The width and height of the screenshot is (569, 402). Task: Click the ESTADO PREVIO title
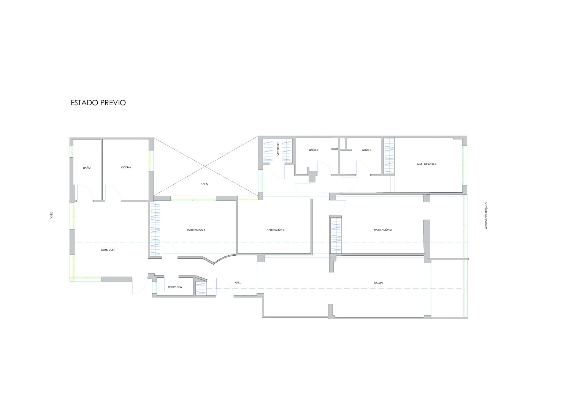click(x=98, y=103)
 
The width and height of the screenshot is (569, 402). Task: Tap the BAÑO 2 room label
click(x=314, y=150)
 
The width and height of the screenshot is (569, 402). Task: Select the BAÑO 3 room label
click(x=366, y=150)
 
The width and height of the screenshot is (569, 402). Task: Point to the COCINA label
click(x=126, y=168)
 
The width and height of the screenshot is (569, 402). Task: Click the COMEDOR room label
click(x=108, y=250)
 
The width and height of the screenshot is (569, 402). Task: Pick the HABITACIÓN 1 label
click(x=196, y=230)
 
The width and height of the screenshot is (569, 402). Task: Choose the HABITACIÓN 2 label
click(x=383, y=230)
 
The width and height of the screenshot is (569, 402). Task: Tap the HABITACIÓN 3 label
click(x=275, y=230)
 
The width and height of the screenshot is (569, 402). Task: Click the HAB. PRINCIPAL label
click(x=427, y=165)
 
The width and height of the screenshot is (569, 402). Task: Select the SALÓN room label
click(x=379, y=283)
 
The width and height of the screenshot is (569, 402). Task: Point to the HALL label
click(x=238, y=283)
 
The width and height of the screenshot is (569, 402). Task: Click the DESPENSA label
click(x=175, y=287)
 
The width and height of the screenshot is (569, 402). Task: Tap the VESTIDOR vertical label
click(x=278, y=149)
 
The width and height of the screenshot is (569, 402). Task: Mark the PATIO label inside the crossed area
click(x=204, y=184)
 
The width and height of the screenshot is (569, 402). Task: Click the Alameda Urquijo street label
click(x=486, y=215)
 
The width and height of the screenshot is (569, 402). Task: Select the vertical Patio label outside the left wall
click(x=51, y=215)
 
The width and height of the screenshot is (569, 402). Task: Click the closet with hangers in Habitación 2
click(x=336, y=235)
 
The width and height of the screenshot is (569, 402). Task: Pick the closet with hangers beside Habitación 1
click(x=155, y=229)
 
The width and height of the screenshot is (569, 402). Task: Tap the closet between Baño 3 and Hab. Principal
click(x=389, y=156)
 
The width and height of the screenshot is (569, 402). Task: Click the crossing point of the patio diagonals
click(x=205, y=166)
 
